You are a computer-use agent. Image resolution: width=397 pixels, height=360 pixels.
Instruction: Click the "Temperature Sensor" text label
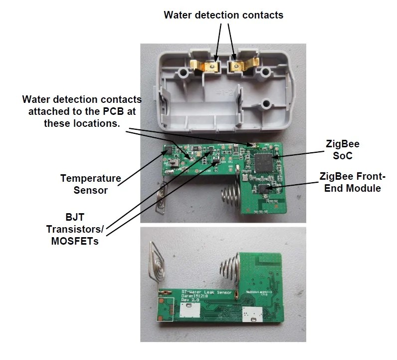coord(91,183)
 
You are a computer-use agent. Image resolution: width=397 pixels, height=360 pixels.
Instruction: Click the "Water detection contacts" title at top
coord(223,15)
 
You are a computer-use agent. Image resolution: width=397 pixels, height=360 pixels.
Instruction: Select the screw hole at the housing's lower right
coord(267,104)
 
